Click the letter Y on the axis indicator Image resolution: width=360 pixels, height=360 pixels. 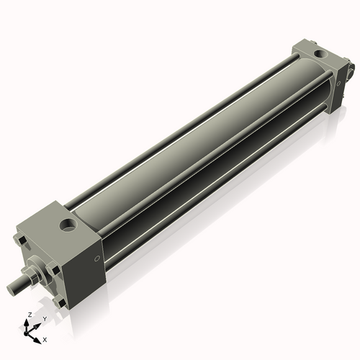44,318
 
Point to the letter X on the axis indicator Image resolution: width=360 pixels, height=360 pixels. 45,338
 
